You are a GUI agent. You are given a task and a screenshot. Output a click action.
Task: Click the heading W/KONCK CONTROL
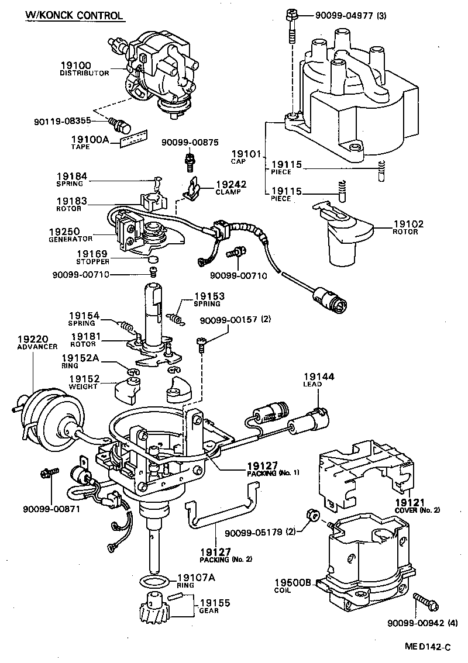(74, 15)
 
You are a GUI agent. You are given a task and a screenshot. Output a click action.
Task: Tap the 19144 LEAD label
(318, 381)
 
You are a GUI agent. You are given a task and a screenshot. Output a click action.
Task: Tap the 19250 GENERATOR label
(71, 235)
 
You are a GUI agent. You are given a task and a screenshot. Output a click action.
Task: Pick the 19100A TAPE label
(89, 142)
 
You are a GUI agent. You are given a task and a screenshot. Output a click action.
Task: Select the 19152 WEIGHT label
(84, 382)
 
